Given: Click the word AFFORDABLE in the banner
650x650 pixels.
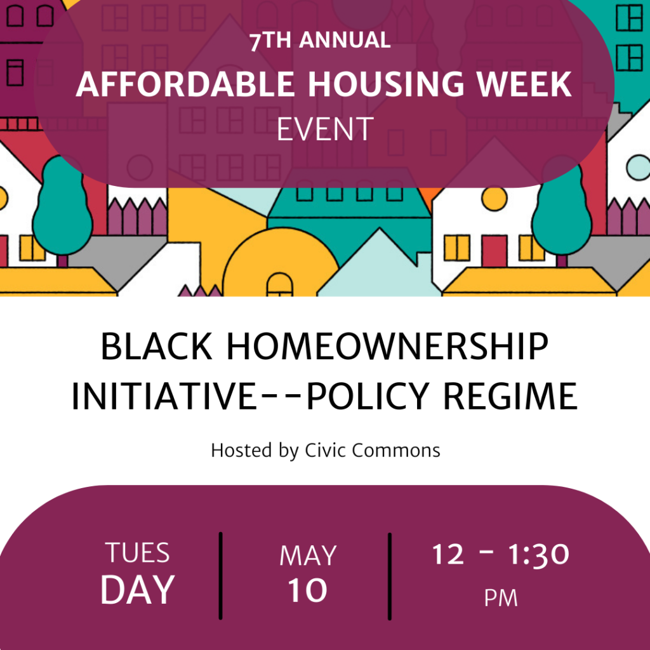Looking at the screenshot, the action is click(x=185, y=84).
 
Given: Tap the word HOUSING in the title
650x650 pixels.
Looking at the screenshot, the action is click(x=385, y=84).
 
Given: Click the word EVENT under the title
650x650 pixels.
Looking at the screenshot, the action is click(x=326, y=129).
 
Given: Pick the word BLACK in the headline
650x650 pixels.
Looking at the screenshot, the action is click(x=157, y=347).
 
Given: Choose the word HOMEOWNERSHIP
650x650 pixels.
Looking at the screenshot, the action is click(x=387, y=347).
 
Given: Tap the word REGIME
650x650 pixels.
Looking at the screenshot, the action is click(x=510, y=396).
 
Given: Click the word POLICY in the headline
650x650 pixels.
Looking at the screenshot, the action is click(x=368, y=396).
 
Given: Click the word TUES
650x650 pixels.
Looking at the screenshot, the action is click(x=137, y=553).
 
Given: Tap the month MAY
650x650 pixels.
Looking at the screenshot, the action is click(x=308, y=555).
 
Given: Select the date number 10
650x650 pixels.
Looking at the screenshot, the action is click(x=308, y=590).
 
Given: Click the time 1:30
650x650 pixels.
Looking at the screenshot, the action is click(x=538, y=554).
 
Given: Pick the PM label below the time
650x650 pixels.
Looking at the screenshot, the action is click(x=501, y=598).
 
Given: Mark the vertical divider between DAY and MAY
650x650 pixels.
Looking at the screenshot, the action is click(x=220, y=576).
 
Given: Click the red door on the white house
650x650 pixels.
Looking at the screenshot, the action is click(x=494, y=251).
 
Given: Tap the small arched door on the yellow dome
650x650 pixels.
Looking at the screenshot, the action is click(x=279, y=284).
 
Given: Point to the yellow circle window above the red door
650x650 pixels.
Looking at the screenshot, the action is click(x=494, y=199).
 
